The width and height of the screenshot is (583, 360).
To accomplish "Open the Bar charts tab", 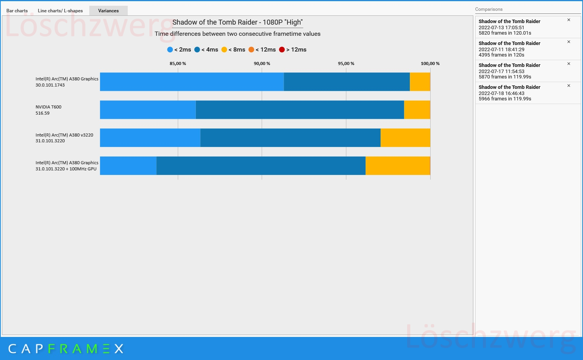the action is tap(17, 11).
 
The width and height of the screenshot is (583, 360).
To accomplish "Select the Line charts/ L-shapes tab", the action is tap(60, 11).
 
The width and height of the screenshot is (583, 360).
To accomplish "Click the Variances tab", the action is tap(108, 11).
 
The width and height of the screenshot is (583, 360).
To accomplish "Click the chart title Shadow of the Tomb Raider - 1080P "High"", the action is tap(237, 22).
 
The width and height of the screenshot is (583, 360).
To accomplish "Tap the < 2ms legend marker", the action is tap(170, 50).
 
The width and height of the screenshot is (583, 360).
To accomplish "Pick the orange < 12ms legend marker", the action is tap(251, 50).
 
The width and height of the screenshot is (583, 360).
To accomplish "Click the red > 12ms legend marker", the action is tap(282, 50).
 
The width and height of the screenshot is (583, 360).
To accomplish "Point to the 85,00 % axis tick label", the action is tap(178, 63).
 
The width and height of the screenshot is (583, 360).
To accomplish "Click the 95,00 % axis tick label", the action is tap(346, 63).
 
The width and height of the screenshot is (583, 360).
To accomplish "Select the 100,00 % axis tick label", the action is tap(430, 63).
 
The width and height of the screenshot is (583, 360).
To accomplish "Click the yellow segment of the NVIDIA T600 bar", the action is tap(417, 110).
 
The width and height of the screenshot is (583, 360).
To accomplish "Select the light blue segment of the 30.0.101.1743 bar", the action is tap(192, 82).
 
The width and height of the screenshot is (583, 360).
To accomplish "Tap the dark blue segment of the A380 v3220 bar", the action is tap(291, 138).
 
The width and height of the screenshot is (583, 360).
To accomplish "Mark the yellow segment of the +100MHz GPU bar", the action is tap(398, 166).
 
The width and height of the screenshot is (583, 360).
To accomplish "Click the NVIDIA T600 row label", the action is tap(48, 110).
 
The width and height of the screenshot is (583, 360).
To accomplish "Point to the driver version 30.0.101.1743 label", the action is tap(50, 85).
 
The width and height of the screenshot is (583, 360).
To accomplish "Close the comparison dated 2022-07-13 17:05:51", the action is tap(569, 20).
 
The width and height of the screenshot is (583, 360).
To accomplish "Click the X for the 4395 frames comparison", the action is tap(569, 42).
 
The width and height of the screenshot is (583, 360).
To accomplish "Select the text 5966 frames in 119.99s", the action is tap(504, 99).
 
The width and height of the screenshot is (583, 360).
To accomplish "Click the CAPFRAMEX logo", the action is tap(66, 349).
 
